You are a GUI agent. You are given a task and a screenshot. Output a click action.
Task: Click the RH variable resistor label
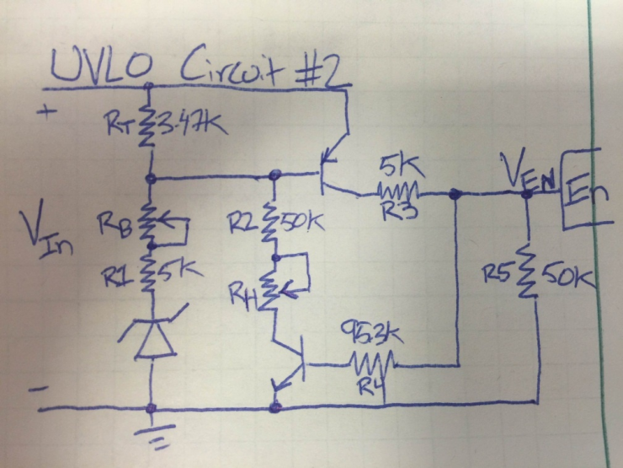(x=245, y=292)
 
